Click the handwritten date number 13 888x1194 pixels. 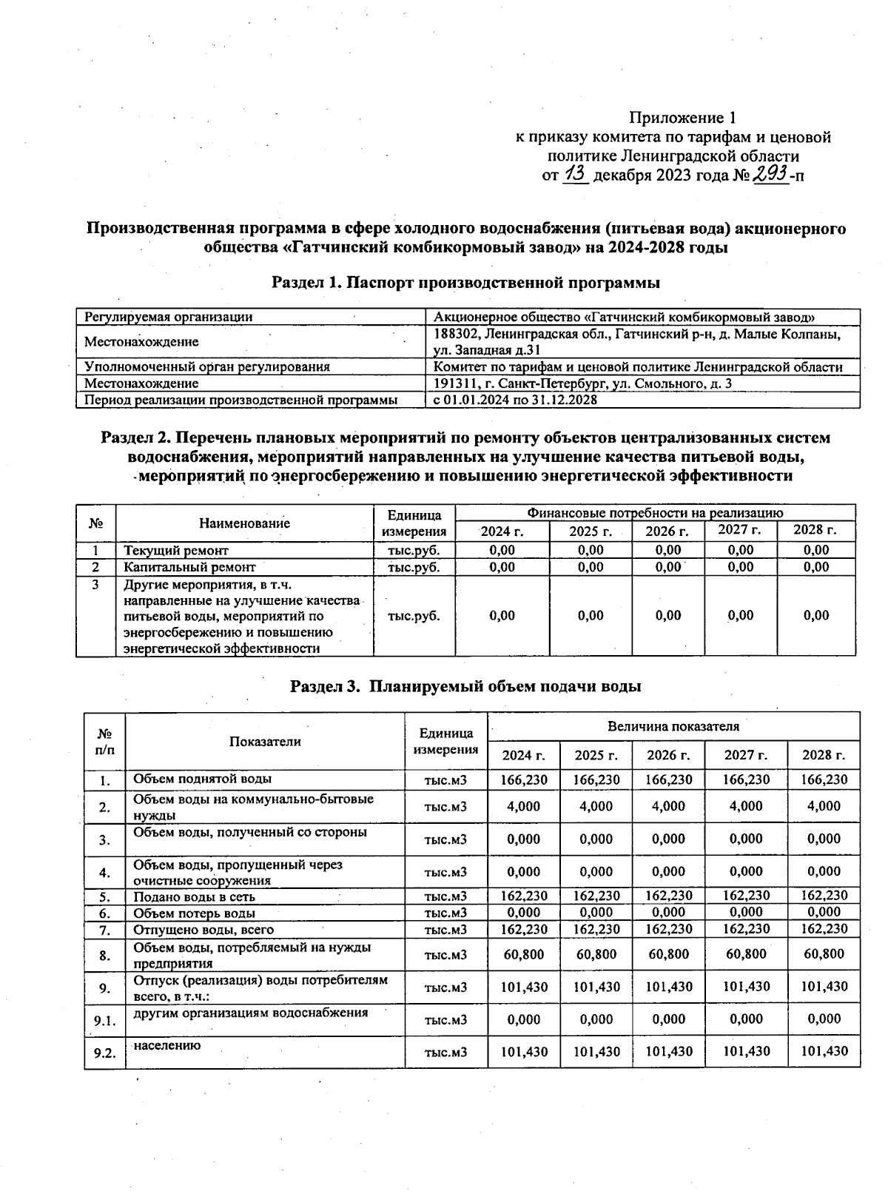pos(576,175)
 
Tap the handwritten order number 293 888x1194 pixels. pos(770,175)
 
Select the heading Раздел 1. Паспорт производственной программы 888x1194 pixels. pos(466,283)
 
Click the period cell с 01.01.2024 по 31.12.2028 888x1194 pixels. pos(515,400)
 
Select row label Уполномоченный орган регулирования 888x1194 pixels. pos(207,366)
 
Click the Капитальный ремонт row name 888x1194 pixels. pos(189,567)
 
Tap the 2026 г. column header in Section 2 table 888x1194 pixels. pos(667,531)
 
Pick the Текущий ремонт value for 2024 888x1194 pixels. pos(502,550)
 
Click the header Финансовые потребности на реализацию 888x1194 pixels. pos(655,512)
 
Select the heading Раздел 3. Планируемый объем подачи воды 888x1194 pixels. pos(465,686)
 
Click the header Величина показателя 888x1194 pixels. pos(673,726)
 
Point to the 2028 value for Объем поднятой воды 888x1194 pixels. pos(824,779)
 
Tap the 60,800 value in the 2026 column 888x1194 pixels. pos(668,954)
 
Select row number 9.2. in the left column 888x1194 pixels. pos(105,1053)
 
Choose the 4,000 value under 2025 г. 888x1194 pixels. pos(596,806)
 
